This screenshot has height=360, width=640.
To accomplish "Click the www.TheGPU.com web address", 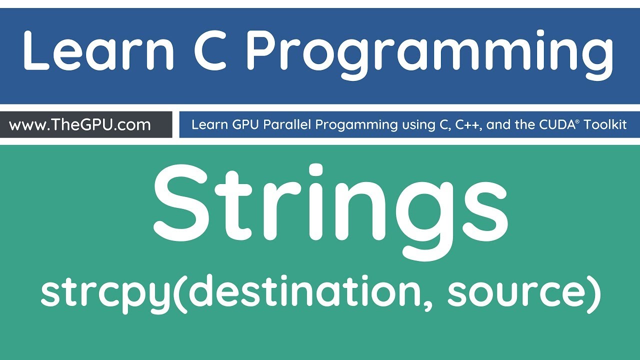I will tap(80, 124).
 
